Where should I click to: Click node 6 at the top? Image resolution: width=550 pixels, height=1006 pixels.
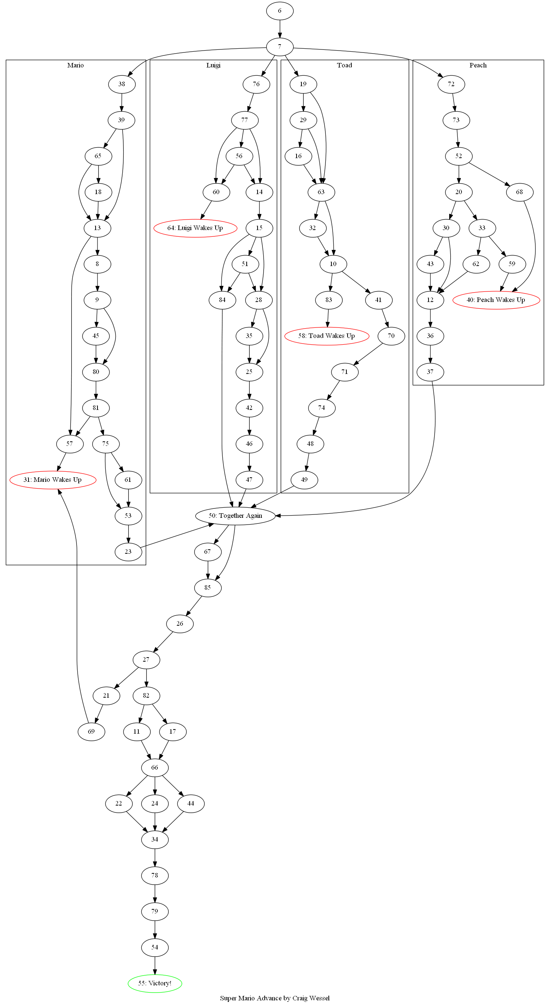point(279,10)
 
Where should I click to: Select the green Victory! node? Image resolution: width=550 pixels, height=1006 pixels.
point(155,983)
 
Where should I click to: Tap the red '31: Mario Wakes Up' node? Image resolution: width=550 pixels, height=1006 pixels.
point(53,480)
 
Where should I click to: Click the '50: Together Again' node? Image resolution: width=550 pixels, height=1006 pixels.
point(235,516)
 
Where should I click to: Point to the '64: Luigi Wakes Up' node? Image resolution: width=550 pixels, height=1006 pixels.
point(195,228)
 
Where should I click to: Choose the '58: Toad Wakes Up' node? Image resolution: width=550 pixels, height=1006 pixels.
point(327,336)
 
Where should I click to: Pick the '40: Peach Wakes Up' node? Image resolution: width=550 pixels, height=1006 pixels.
point(496,300)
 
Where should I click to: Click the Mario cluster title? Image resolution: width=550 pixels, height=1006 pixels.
point(75,65)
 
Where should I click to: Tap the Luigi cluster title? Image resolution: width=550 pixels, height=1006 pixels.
point(213,65)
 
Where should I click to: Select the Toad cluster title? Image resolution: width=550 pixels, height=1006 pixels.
point(345,65)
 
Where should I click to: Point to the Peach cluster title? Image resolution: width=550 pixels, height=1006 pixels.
point(478,65)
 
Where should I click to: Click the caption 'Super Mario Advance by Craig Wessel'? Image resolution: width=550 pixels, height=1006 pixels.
point(275,998)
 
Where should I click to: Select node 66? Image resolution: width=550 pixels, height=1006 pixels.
point(155,767)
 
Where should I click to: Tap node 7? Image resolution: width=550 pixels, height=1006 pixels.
point(279,46)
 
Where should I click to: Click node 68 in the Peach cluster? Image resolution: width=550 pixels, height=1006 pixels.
point(519,192)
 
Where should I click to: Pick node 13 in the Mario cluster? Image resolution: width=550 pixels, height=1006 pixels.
point(97,228)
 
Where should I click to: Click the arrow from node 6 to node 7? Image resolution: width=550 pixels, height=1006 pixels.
point(279,28)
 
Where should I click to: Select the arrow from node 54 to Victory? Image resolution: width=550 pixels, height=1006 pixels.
point(155,966)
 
